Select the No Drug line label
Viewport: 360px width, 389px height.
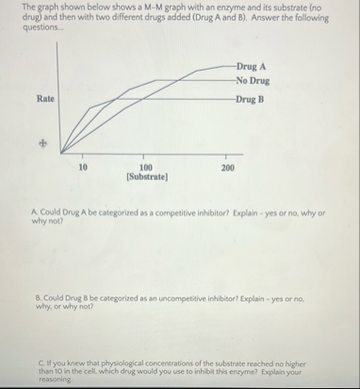[x=254, y=80]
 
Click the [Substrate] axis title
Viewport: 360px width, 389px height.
[x=147, y=177]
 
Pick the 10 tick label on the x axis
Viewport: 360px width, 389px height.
[x=83, y=167]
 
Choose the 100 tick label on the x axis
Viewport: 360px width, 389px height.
[x=146, y=167]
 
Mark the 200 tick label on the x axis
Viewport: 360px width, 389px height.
[x=226, y=167]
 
